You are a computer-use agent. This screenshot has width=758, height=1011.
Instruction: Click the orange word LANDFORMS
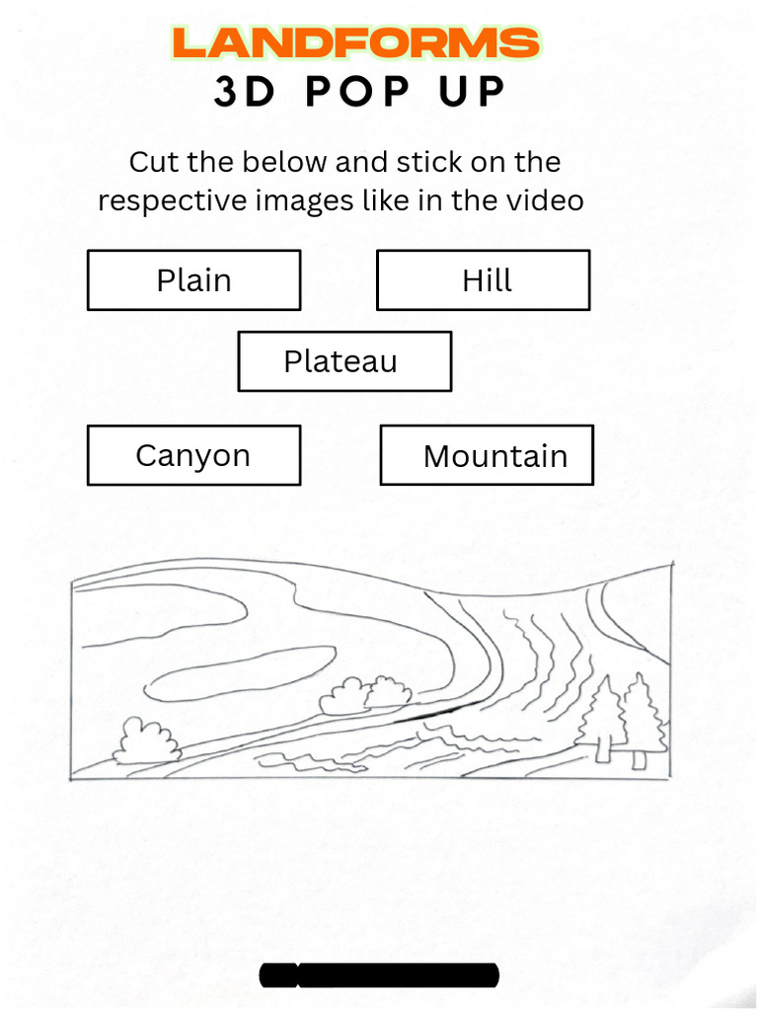(x=355, y=43)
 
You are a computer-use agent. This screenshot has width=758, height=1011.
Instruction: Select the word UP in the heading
(x=476, y=92)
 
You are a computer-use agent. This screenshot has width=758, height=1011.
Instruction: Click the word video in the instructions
(x=545, y=200)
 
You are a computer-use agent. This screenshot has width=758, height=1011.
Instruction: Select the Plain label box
(x=193, y=280)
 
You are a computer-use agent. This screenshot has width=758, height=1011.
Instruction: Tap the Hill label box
(x=484, y=280)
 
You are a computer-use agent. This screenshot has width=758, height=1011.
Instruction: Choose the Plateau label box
(x=344, y=361)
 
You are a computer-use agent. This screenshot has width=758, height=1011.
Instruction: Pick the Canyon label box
(x=193, y=455)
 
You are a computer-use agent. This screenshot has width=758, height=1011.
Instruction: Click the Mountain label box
(x=487, y=455)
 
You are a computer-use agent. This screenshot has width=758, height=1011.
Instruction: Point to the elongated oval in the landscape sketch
(x=240, y=671)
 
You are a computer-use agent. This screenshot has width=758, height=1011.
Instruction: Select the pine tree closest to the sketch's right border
(x=643, y=719)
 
